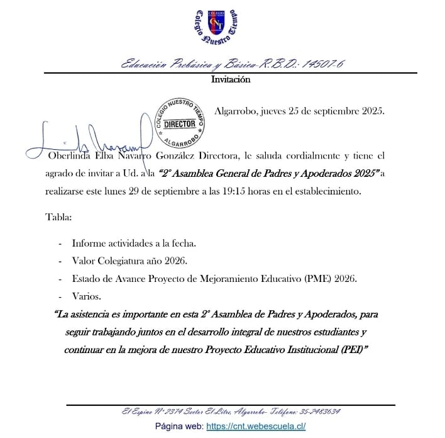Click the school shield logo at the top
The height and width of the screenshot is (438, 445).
[x=216, y=26]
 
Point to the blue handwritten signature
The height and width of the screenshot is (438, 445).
[x=88, y=136]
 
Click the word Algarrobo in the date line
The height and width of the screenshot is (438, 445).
[x=238, y=111]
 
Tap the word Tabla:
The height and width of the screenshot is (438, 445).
[x=58, y=217]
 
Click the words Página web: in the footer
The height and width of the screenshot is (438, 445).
[x=179, y=426]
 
